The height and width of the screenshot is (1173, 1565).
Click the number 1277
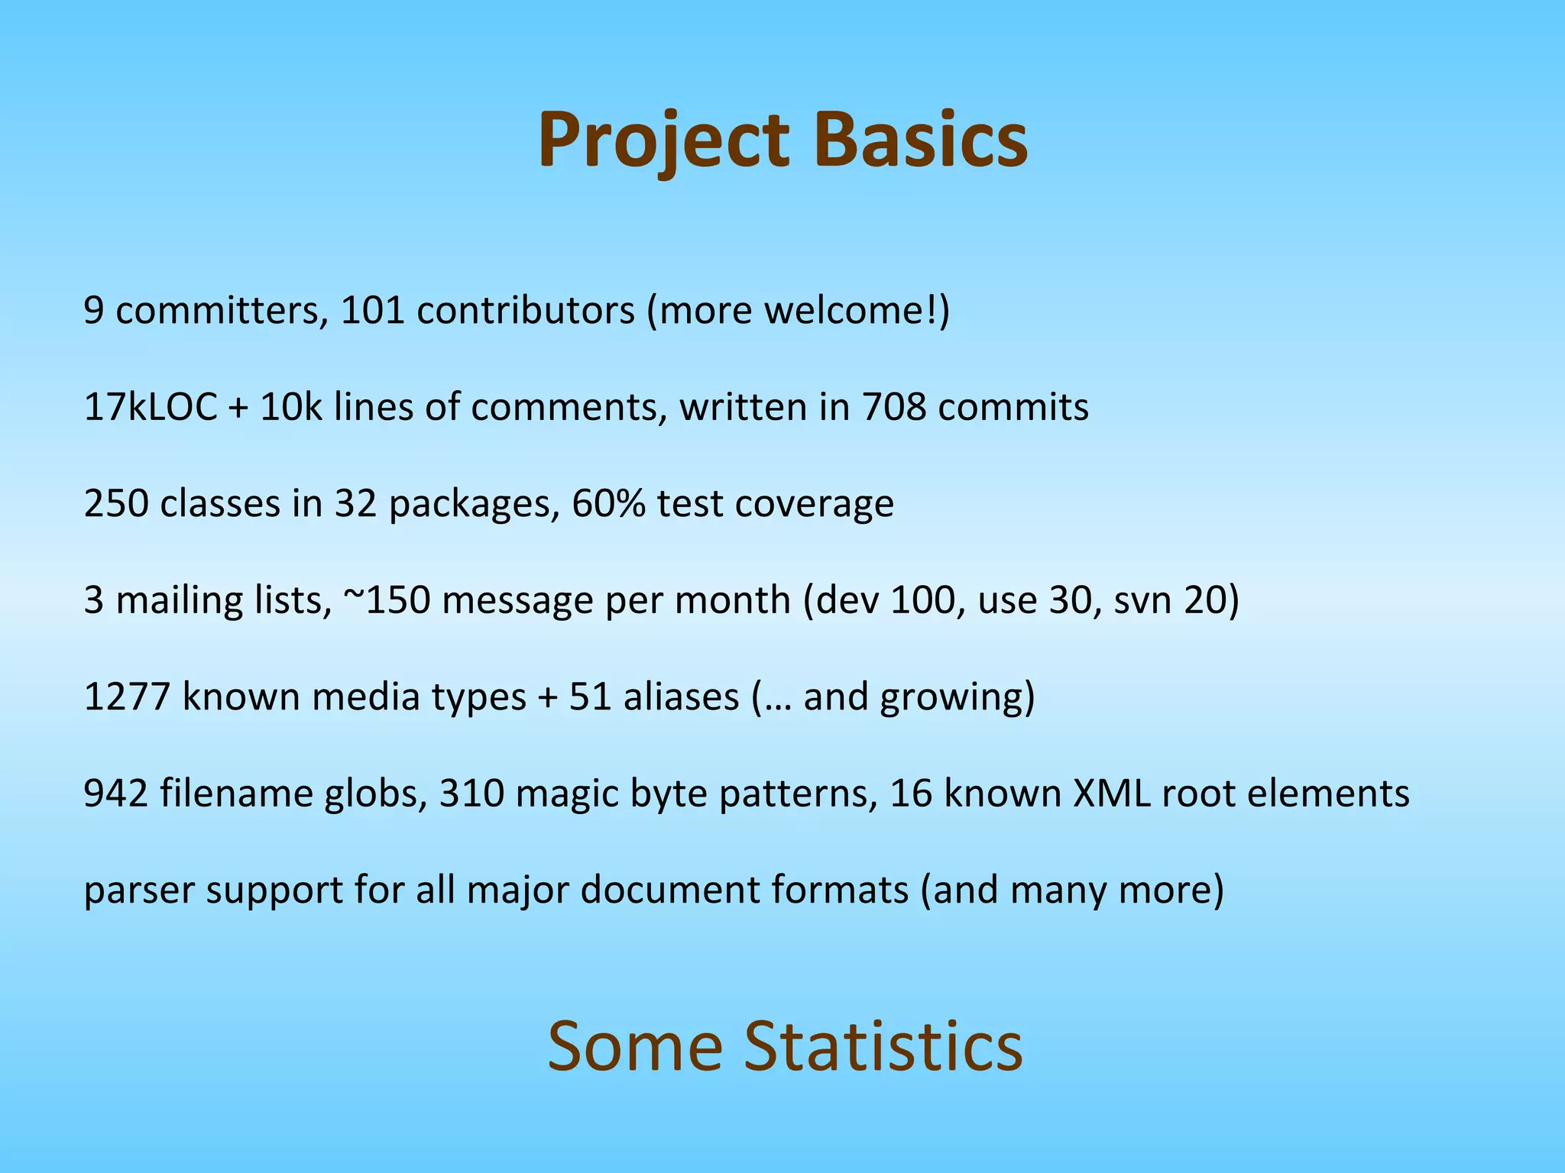click(x=127, y=697)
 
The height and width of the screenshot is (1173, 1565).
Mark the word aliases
click(x=681, y=697)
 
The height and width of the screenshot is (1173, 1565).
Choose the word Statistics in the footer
click(x=883, y=1046)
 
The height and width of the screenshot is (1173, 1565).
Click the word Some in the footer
click(x=634, y=1046)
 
